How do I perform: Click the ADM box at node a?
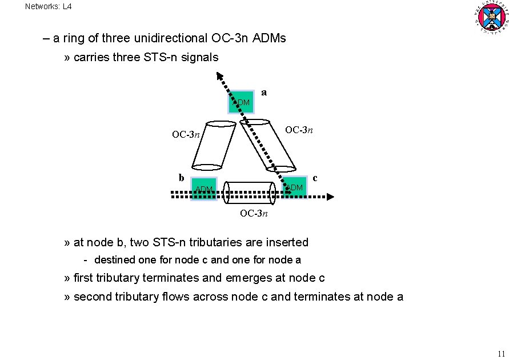tap(241, 102)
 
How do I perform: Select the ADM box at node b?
tap(204, 189)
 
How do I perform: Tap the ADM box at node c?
tap(295, 187)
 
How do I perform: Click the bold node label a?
tap(263, 92)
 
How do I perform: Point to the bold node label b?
tap(181, 177)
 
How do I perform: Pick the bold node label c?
tap(315, 178)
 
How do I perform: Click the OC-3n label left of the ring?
tap(186, 135)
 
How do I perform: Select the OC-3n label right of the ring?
tap(299, 130)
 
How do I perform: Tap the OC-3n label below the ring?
tap(254, 213)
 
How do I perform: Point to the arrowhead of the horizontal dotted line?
tap(330, 196)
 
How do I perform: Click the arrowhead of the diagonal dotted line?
tap(219, 75)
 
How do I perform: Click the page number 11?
tap(501, 353)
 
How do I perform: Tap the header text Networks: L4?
tap(49, 7)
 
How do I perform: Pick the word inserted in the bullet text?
tap(288, 242)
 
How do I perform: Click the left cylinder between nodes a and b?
tap(213, 146)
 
